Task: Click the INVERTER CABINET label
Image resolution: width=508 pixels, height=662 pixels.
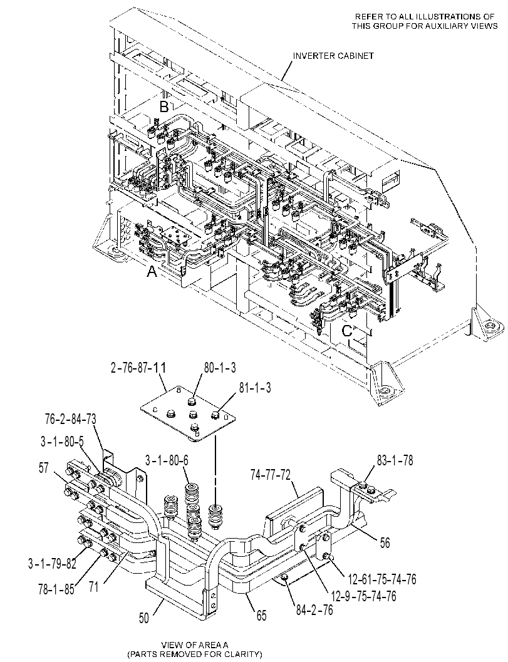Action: click(x=334, y=56)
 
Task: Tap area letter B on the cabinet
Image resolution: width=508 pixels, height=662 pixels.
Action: click(x=164, y=107)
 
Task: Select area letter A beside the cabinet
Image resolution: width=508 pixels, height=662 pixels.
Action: click(x=152, y=272)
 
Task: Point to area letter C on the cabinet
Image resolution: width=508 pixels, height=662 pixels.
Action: click(x=346, y=331)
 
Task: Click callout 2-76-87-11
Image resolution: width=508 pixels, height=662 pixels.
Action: click(x=138, y=368)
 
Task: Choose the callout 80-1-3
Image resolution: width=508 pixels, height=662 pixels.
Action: click(x=220, y=368)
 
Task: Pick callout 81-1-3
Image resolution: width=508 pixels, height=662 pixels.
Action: click(x=255, y=388)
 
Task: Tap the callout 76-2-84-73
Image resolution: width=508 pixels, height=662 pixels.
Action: click(x=71, y=419)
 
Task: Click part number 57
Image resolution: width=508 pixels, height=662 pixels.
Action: click(x=43, y=468)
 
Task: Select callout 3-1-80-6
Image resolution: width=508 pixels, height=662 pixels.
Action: click(x=167, y=460)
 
